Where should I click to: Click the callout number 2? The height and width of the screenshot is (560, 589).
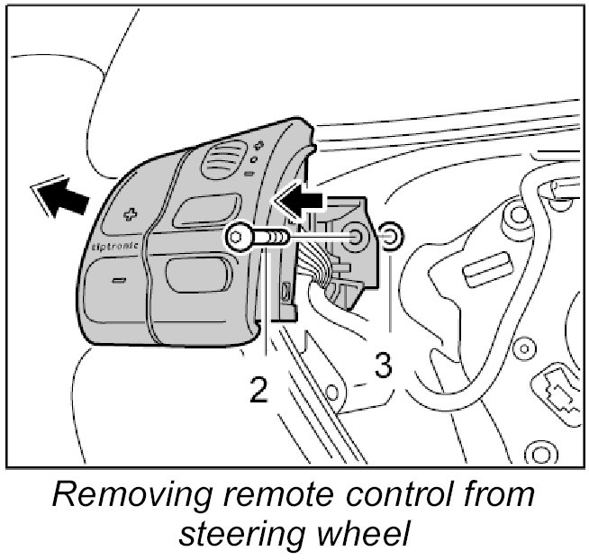pyautogui.click(x=258, y=391)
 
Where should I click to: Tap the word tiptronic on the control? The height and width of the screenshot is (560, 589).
pyautogui.click(x=115, y=243)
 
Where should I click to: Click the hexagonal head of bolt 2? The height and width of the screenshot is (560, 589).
pyautogui.click(x=236, y=238)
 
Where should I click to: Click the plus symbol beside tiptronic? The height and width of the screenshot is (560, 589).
pyautogui.click(x=129, y=214)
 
